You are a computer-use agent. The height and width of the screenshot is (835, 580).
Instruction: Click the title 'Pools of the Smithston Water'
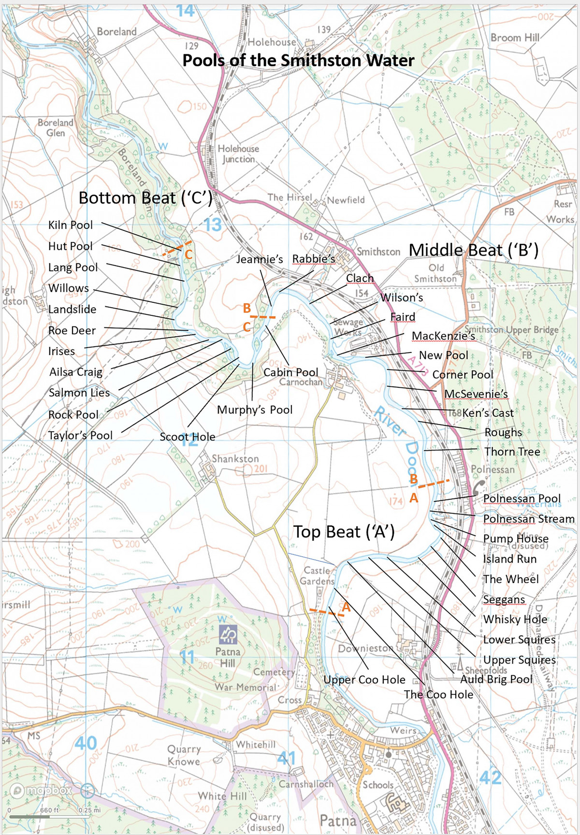tap(298, 61)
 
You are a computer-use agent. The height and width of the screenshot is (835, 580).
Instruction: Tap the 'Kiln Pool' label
tap(71, 225)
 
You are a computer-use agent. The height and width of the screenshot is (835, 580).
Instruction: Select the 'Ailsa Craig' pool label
tap(76, 372)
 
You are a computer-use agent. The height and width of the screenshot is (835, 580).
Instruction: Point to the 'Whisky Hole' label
tap(515, 620)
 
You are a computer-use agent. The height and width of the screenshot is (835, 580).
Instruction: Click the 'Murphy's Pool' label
tap(255, 410)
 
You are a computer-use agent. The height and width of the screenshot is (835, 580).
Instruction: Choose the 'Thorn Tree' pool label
tap(512, 452)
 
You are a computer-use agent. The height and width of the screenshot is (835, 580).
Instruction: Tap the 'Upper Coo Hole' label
tap(364, 680)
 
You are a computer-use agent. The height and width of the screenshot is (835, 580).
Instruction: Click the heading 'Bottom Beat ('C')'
tap(145, 198)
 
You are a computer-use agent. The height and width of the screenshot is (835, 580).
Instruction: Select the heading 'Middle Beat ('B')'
tap(473, 250)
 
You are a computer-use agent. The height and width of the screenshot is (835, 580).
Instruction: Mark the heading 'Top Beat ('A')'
tap(344, 532)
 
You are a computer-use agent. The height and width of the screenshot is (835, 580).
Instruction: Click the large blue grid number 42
tap(490, 778)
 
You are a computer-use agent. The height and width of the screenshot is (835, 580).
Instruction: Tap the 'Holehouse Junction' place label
tap(238, 154)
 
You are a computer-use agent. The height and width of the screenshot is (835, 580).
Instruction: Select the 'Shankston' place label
tap(235, 459)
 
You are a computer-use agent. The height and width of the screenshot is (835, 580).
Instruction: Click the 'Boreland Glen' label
tap(56, 127)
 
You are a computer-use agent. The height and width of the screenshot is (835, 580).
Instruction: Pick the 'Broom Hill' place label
tap(515, 38)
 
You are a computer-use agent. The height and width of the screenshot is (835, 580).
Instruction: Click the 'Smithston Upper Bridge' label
tap(511, 330)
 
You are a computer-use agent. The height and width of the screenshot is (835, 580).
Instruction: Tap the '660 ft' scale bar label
tap(49, 810)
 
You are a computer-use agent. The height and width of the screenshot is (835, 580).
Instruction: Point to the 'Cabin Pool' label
tap(290, 372)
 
